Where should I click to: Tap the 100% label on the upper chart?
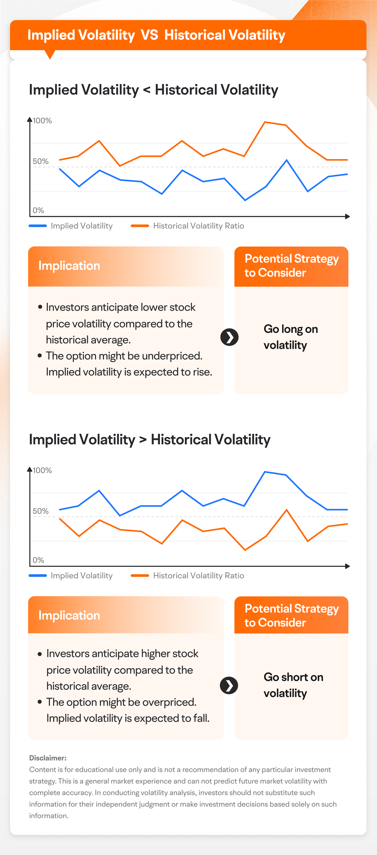42,120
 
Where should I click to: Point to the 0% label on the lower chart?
38,560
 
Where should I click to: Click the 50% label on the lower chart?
40,511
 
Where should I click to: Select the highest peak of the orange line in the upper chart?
265,122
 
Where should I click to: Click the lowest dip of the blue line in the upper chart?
245,200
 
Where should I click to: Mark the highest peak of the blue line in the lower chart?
265,472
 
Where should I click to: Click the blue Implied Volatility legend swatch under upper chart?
38,226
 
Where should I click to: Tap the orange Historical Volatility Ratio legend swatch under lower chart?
140,576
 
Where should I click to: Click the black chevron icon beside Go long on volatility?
229,337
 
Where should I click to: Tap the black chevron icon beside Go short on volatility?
229,685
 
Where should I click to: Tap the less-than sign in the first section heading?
147,90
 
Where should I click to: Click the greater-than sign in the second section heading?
143,440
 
